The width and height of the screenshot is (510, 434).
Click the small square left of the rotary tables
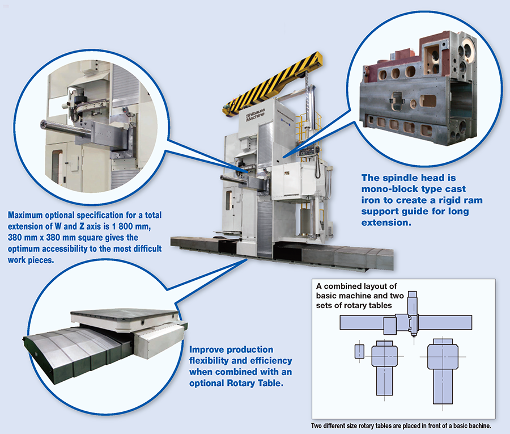358,352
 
